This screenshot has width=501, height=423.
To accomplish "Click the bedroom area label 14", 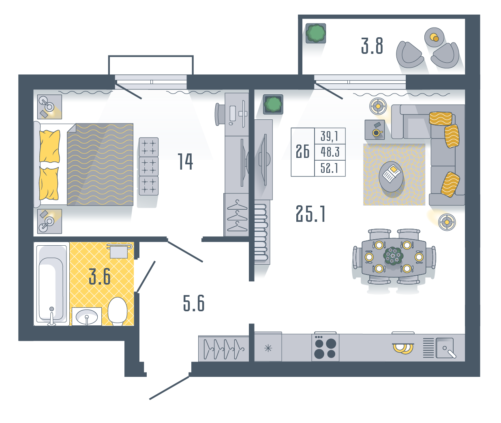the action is (185, 161).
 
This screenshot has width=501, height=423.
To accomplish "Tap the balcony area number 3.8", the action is (372, 46).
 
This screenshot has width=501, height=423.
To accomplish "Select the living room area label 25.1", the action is (310, 214).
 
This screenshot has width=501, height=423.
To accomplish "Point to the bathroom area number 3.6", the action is (100, 276).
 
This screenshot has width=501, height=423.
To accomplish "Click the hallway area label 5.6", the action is (194, 303).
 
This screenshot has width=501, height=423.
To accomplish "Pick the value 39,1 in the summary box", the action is (330, 136).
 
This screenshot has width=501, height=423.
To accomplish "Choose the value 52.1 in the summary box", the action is (330, 168).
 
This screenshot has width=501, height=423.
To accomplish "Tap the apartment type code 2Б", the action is (303, 151).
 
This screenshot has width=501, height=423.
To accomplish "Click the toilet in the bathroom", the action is (118, 311).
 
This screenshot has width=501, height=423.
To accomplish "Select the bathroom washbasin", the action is (87, 317).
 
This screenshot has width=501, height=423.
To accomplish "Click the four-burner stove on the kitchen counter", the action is (325, 348).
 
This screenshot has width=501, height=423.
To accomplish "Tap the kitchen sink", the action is (445, 348).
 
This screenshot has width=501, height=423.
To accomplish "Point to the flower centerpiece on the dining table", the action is (393, 255).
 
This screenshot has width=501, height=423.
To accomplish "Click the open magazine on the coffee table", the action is (392, 173).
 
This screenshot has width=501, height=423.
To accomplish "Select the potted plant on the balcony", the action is (316, 33).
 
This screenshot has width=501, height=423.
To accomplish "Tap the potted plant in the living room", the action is (273, 104).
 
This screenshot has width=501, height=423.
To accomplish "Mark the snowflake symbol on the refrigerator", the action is (268, 348).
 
